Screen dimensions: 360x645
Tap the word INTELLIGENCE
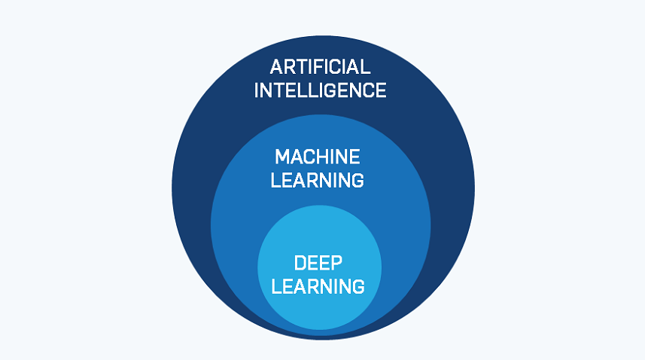320,91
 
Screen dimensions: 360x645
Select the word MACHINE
318,157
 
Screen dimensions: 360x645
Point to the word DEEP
318,264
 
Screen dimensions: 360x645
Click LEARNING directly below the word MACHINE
318,181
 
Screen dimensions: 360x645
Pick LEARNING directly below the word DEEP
318,287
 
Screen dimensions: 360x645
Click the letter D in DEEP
300,264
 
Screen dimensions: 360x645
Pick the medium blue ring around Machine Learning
233,226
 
